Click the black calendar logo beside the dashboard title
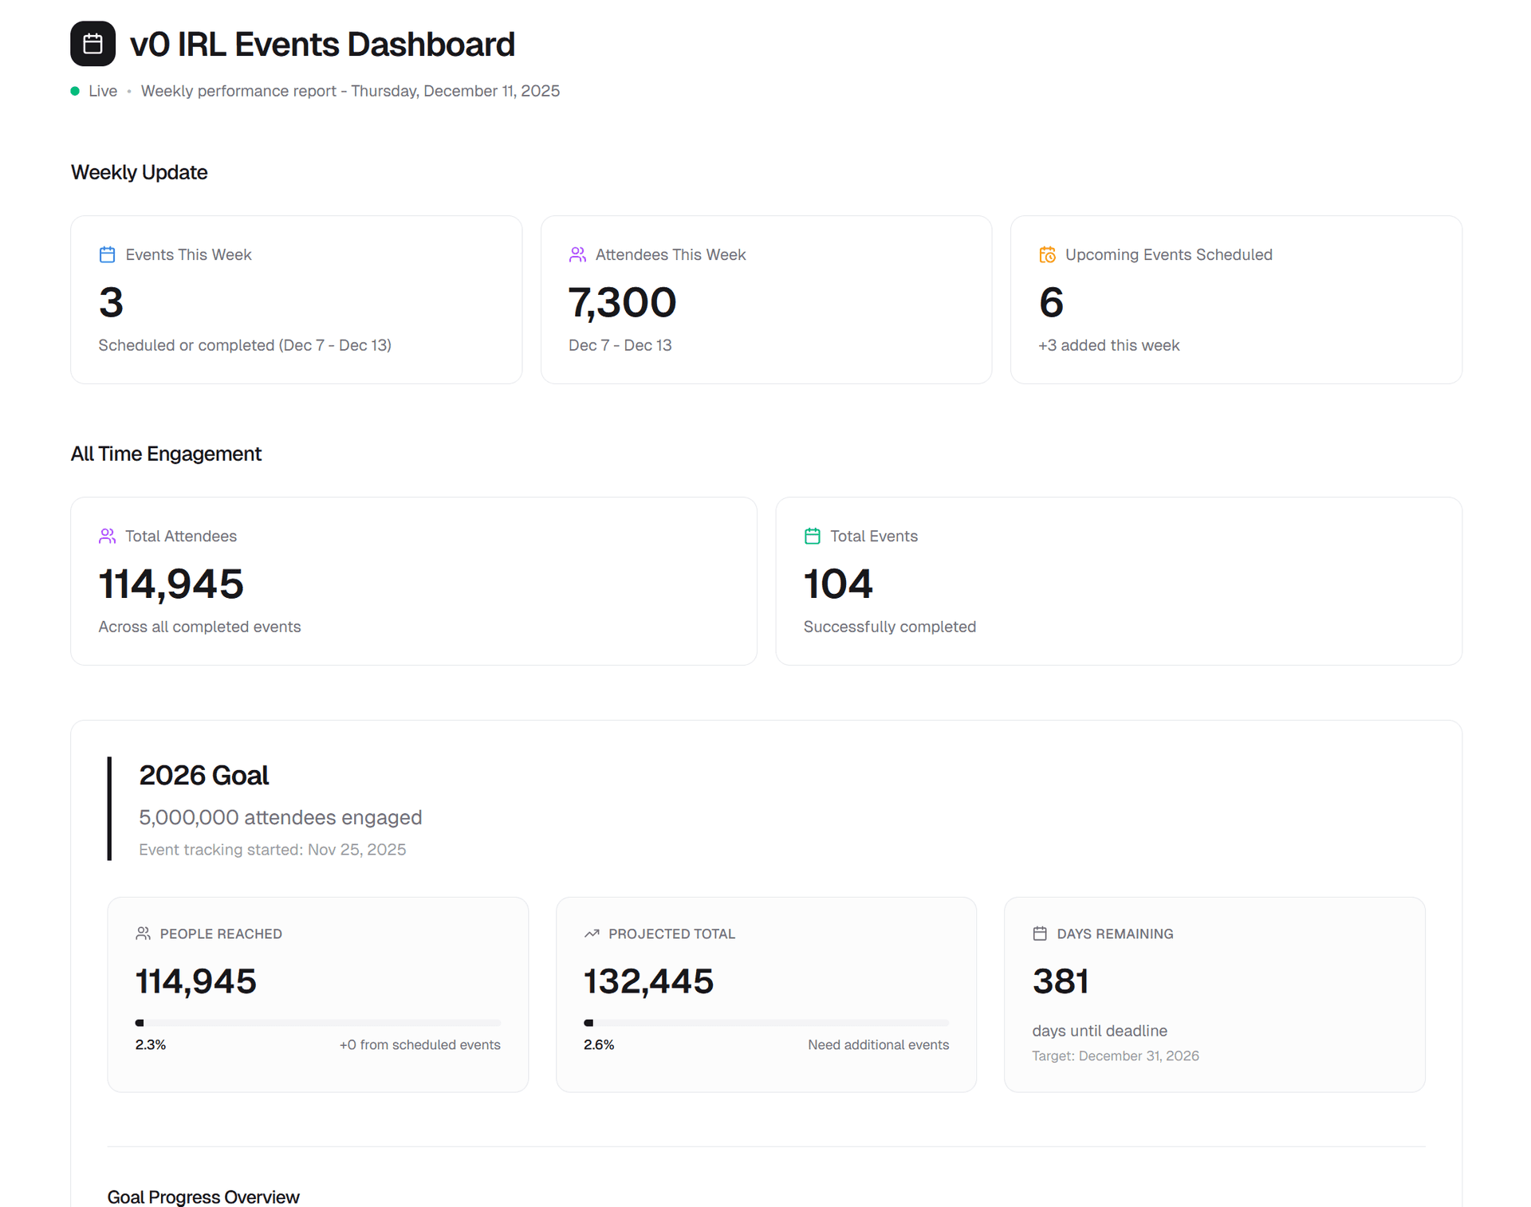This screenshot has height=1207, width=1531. pyautogui.click(x=92, y=44)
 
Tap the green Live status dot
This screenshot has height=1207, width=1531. pyautogui.click(x=75, y=91)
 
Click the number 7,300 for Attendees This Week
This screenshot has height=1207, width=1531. pyautogui.click(x=622, y=303)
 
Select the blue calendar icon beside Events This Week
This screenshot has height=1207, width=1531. pyautogui.click(x=107, y=254)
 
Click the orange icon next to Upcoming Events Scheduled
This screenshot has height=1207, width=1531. pyautogui.click(x=1047, y=254)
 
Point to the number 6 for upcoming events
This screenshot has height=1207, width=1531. pyautogui.click(x=1051, y=303)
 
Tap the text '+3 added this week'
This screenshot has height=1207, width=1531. pyautogui.click(x=1108, y=345)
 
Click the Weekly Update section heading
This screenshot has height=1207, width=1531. pyautogui.click(x=139, y=172)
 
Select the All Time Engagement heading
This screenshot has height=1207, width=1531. pyautogui.click(x=166, y=454)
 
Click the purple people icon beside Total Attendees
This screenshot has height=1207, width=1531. pyautogui.click(x=107, y=536)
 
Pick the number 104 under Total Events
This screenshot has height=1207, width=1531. pyautogui.click(x=838, y=584)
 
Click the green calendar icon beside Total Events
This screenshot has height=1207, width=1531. pyautogui.click(x=812, y=536)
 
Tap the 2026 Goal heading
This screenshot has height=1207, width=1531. pyautogui.click(x=203, y=775)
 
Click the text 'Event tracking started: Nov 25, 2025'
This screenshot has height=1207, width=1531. pyautogui.click(x=272, y=850)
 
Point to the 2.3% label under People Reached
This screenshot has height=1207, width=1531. pyautogui.click(x=151, y=1044)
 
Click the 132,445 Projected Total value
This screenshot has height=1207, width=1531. pyautogui.click(x=648, y=981)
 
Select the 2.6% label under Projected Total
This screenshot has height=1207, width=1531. pyautogui.click(x=599, y=1044)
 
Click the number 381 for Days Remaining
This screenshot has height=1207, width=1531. pyautogui.click(x=1060, y=981)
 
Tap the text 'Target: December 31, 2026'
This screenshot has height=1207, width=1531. pyautogui.click(x=1115, y=1056)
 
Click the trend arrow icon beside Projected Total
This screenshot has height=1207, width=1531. pyautogui.click(x=592, y=934)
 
